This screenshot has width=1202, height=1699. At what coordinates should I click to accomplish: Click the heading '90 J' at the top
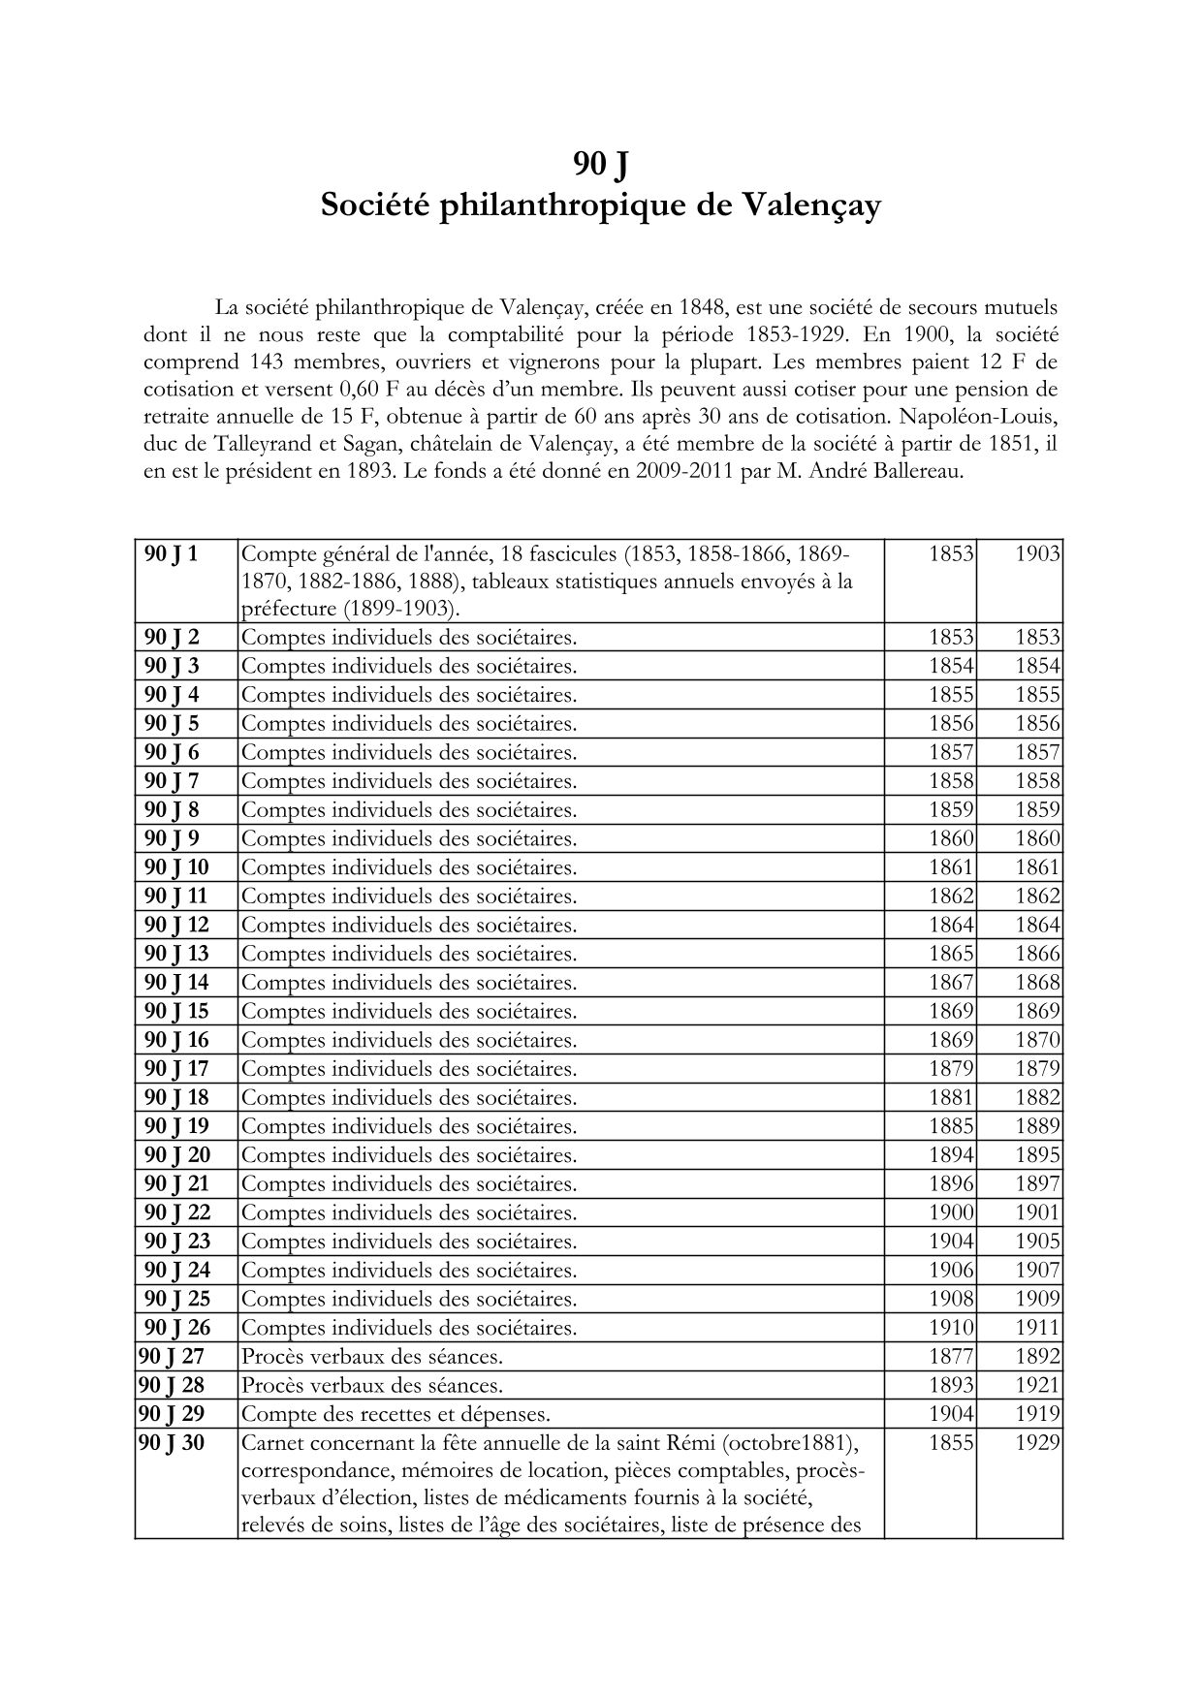coord(600,165)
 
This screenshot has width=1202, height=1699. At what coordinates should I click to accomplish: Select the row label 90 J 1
coord(172,553)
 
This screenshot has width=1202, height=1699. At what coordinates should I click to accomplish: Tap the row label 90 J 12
coord(176,925)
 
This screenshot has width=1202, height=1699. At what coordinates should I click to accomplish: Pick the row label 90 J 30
coord(172,1442)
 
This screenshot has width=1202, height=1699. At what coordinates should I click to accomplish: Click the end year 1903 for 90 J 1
coord(1037,553)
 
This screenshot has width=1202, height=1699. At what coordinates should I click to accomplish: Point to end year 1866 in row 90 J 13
coord(1037,954)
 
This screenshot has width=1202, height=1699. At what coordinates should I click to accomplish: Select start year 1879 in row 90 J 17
coord(951,1069)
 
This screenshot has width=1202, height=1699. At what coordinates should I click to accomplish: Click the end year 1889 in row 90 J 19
coord(1037,1126)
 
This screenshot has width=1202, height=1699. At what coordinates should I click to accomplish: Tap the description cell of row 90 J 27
coord(372,1356)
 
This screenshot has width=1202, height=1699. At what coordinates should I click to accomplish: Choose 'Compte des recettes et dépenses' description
coord(402,1414)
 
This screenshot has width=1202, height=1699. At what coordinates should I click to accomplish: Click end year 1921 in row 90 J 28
coord(1037,1385)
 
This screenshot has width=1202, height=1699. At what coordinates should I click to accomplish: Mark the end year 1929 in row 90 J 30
coord(1037,1442)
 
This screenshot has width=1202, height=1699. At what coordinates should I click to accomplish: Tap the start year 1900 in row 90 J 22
coord(951,1212)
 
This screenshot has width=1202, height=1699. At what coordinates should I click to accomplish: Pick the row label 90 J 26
coord(176,1327)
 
